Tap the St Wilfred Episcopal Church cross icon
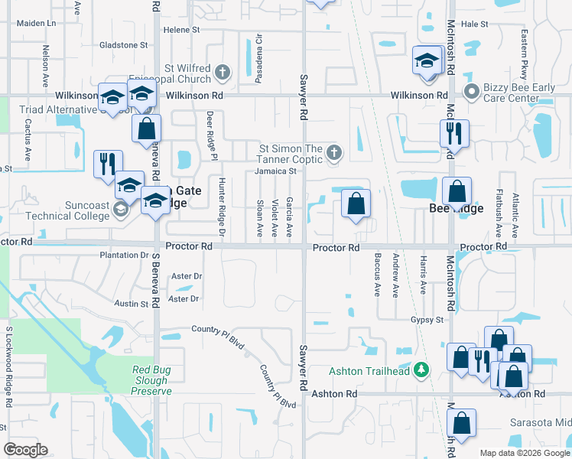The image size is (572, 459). (222, 73)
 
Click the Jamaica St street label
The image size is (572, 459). (276, 171)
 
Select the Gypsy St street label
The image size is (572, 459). (427, 319)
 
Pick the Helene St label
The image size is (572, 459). (181, 30)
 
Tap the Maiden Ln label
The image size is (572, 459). (37, 23)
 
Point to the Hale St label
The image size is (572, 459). (474, 24)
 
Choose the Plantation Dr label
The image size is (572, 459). (124, 255)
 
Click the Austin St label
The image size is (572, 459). (131, 304)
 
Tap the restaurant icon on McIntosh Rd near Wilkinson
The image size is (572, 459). (454, 132)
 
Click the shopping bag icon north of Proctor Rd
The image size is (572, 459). (356, 203)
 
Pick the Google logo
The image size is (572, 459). (25, 449)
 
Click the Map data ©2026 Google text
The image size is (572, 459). (524, 453)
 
